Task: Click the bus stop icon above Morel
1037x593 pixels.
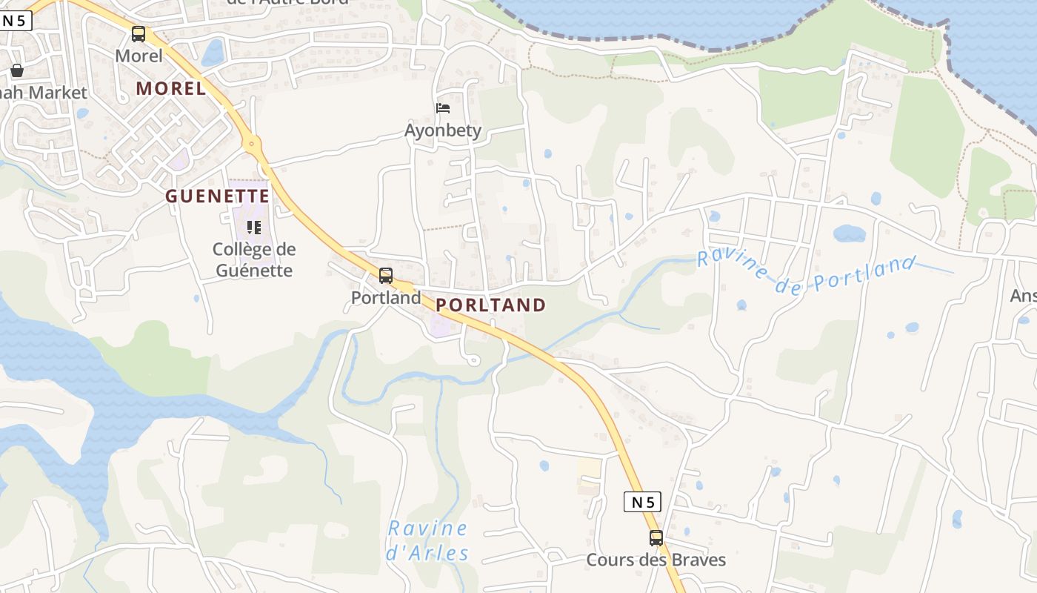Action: coord(139,33)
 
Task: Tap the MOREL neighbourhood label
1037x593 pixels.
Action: coord(171,88)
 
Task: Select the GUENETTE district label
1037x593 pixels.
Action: coord(217,196)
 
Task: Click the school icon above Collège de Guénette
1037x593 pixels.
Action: coord(254,227)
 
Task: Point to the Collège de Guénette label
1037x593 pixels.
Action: coord(254,259)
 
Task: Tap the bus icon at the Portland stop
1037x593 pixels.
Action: coord(385,276)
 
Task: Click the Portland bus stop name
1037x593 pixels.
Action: coord(385,298)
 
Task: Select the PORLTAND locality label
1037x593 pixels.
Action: coord(490,305)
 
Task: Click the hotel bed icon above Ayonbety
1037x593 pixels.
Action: coord(443,108)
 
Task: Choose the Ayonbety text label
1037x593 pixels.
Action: coord(443,130)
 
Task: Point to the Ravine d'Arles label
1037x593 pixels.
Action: coord(428,540)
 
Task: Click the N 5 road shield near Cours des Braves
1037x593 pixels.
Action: coord(641,502)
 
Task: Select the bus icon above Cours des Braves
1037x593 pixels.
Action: coord(656,537)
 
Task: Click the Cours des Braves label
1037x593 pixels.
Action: coord(656,560)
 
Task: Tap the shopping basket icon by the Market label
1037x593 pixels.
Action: coord(17,70)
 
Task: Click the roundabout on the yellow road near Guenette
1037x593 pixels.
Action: coord(252,142)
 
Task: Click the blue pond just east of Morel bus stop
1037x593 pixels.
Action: coord(213,52)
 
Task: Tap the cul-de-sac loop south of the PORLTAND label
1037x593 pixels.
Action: coord(473,360)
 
